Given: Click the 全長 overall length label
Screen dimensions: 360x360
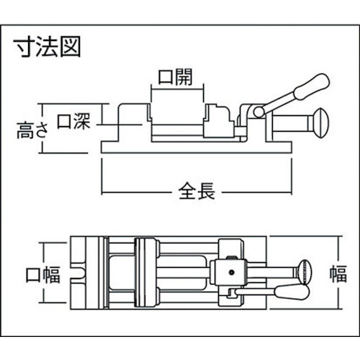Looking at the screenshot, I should pos(197,192).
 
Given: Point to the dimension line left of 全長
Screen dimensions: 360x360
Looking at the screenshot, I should pos(137,192).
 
